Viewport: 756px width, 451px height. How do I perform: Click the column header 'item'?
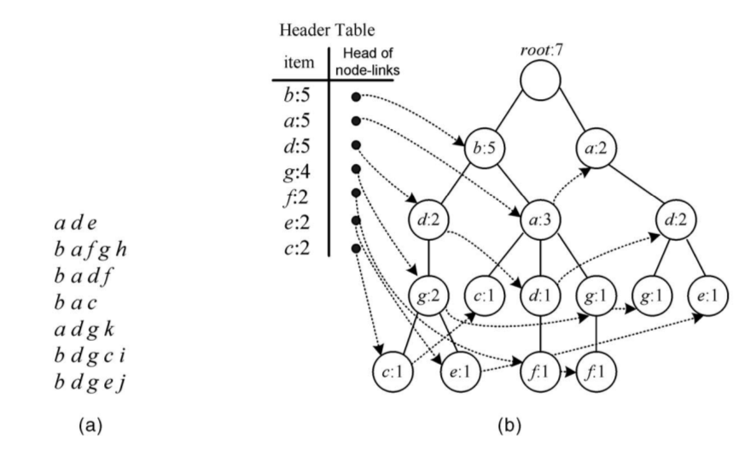(298, 62)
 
